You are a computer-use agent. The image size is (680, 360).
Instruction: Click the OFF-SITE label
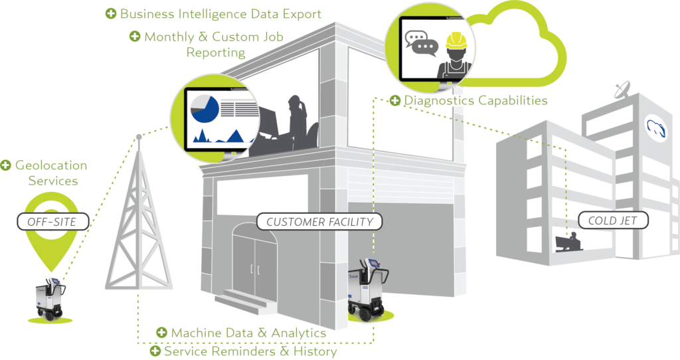tap(51, 221)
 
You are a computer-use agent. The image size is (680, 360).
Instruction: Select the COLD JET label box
tap(608, 220)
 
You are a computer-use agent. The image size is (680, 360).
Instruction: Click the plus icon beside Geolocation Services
tap(7, 165)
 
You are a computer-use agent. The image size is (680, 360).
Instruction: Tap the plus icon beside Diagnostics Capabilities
tap(395, 101)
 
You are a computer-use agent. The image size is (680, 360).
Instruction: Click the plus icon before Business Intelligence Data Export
tap(111, 13)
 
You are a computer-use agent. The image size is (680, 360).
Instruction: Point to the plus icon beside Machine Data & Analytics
tap(161, 332)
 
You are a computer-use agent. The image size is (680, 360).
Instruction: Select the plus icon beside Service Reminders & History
tap(155, 351)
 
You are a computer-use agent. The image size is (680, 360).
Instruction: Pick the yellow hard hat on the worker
tap(455, 41)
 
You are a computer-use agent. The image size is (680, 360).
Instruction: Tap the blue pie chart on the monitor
tap(205, 109)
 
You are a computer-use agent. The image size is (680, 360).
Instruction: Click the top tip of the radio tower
tap(138, 137)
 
